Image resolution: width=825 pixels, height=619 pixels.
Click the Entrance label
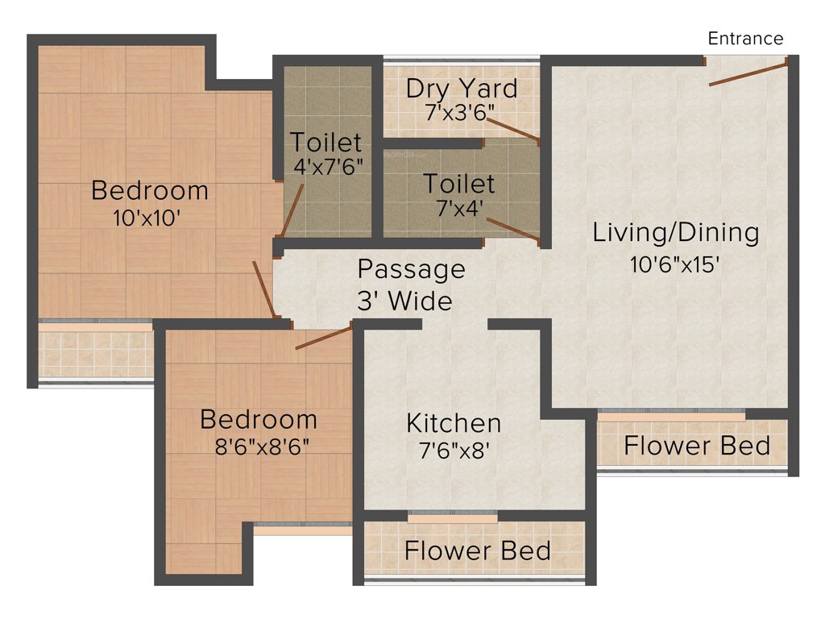745,38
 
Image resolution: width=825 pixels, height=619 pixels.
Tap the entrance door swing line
748,72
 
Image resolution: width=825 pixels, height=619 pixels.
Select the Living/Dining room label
676,233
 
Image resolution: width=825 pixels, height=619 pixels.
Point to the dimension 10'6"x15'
674,265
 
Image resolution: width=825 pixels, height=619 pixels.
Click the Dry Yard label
462,87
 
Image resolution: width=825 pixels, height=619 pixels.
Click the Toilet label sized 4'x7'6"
326,143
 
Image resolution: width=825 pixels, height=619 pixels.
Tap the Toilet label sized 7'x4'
460,183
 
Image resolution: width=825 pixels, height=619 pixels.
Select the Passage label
411,268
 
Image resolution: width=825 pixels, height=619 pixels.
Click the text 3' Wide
404,301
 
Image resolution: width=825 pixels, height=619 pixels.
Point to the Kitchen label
454,422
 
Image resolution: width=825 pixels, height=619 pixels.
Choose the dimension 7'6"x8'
454,450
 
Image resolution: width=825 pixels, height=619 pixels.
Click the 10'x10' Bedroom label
150,191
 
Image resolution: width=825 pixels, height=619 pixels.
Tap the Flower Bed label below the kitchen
478,551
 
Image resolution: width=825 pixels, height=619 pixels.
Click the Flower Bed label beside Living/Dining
697,446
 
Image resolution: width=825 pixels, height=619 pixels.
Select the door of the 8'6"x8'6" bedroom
324,338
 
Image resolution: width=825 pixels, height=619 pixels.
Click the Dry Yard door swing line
512,128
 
